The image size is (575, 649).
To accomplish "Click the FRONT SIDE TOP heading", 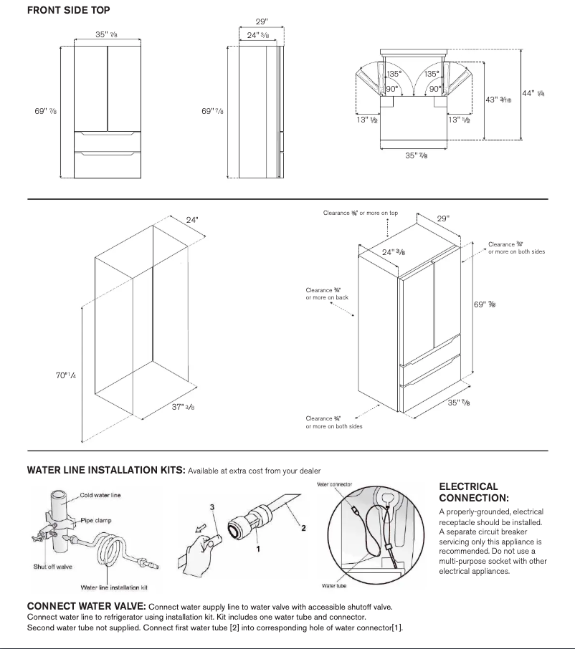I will pyautogui.click(x=68, y=11).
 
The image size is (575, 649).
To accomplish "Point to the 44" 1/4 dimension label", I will pyautogui.click(x=533, y=94).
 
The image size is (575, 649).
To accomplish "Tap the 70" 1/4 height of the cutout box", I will pyautogui.click(x=66, y=375).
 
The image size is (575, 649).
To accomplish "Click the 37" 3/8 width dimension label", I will pyautogui.click(x=181, y=406).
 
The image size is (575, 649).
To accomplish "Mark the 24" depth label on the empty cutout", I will pyautogui.click(x=191, y=220).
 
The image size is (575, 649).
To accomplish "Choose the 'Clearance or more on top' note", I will pyautogui.click(x=360, y=213).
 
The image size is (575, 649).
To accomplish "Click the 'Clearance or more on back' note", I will pyautogui.click(x=327, y=294).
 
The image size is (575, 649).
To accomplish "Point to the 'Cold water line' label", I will pyautogui.click(x=100, y=495).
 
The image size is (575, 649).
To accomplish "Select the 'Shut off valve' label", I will pyautogui.click(x=52, y=567).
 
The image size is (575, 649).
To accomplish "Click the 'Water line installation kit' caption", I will pyautogui.click(x=110, y=587).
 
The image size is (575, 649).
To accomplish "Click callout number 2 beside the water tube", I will pyautogui.click(x=304, y=529).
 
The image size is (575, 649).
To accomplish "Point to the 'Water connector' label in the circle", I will pyautogui.click(x=334, y=485).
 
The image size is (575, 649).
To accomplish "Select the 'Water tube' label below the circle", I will pyautogui.click(x=334, y=586).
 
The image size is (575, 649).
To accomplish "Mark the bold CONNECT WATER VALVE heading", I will pyautogui.click(x=86, y=606).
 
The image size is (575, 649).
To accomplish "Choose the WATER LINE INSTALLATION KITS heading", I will pyautogui.click(x=106, y=471).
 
